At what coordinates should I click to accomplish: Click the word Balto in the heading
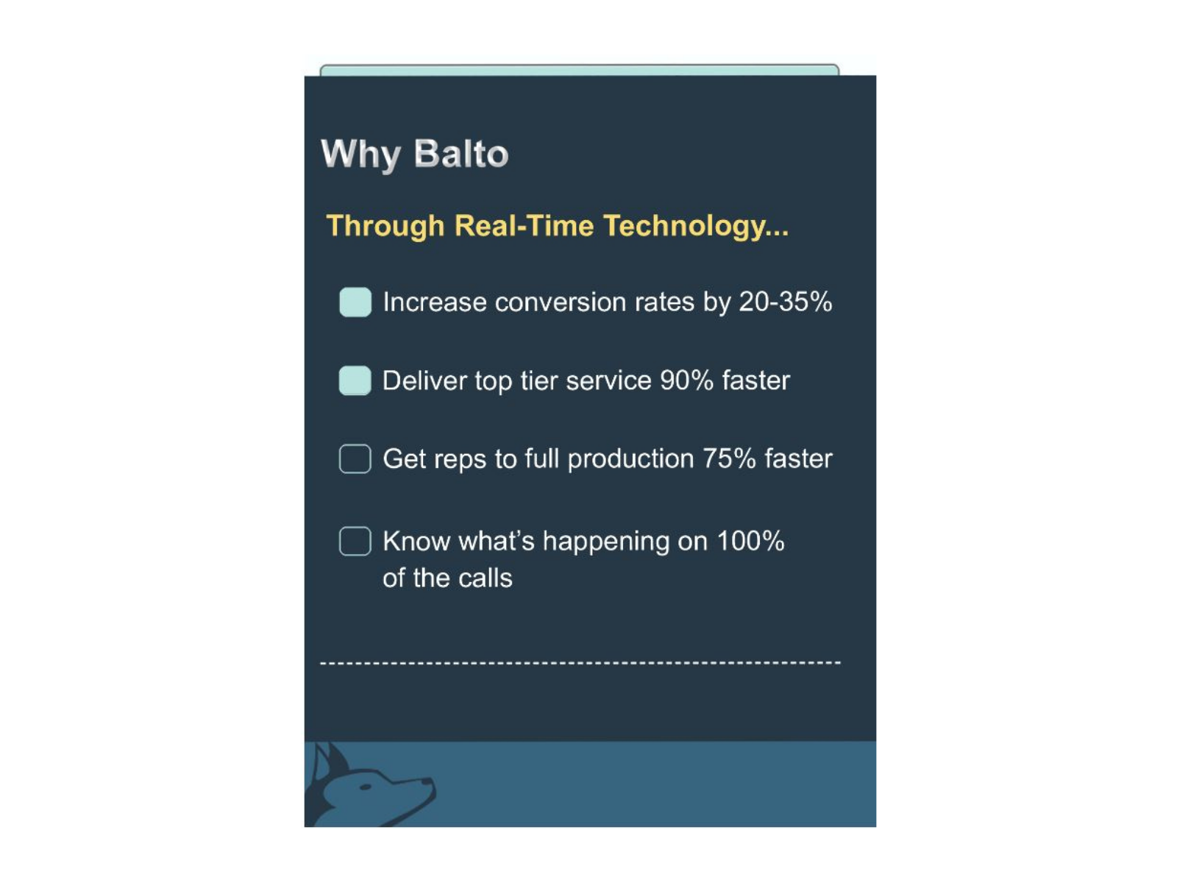point(461,154)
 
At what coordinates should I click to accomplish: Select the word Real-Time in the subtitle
point(524,225)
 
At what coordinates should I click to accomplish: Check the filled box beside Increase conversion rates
point(355,302)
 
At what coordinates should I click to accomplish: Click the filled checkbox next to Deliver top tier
point(355,380)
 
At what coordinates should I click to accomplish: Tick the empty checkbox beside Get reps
point(355,458)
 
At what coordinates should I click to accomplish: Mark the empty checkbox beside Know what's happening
point(355,541)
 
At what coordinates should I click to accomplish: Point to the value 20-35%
point(785,302)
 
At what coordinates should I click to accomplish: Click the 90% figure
point(686,380)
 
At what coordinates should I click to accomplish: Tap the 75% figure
point(729,458)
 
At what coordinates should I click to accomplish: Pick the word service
point(608,380)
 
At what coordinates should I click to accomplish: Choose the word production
point(630,459)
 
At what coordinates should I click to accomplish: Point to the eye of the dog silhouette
point(366,787)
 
